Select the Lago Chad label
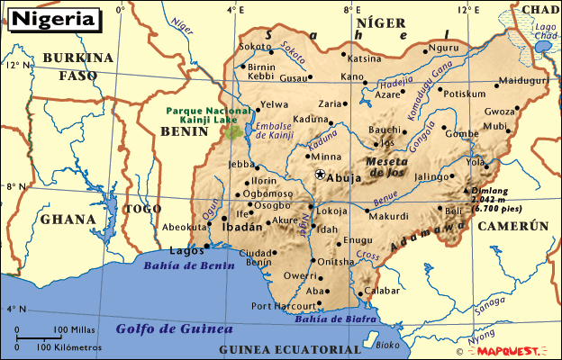546,31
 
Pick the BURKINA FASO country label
86,66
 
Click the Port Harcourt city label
285,306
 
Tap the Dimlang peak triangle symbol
466,191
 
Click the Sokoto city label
255,46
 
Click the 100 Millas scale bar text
72,329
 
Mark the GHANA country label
68,219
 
